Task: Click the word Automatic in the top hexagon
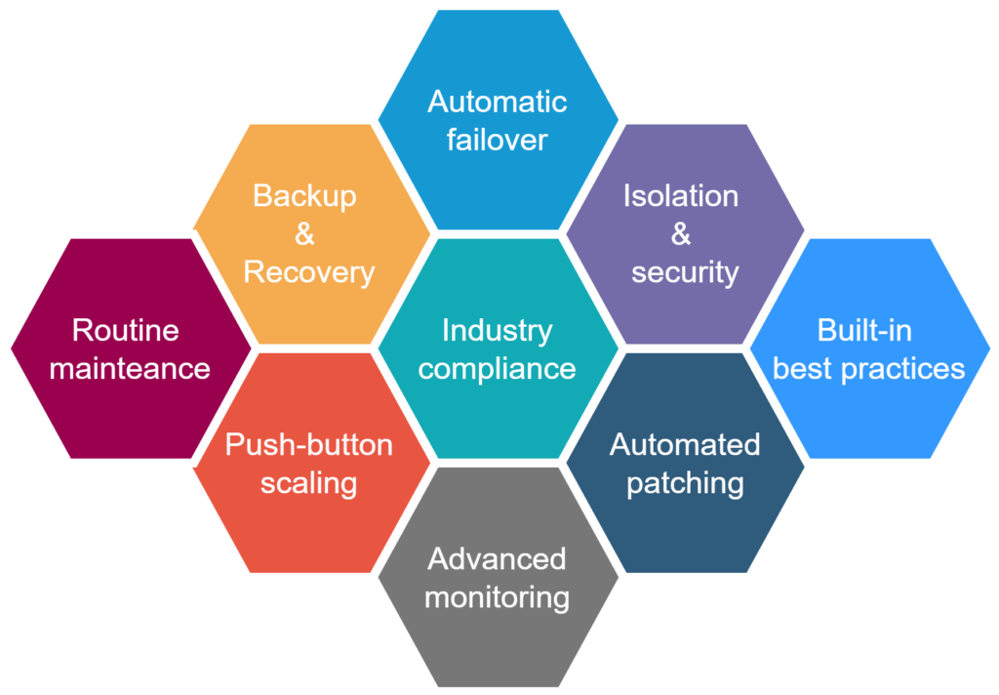pyautogui.click(x=497, y=102)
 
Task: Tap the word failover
pyautogui.click(x=497, y=139)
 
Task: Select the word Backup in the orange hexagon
pyautogui.click(x=304, y=195)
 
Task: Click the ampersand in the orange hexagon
pyautogui.click(x=305, y=234)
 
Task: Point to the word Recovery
pyautogui.click(x=308, y=272)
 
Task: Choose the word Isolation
pyautogui.click(x=681, y=195)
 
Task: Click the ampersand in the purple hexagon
pyautogui.click(x=681, y=234)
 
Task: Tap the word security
pyautogui.click(x=685, y=272)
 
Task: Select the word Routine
pyautogui.click(x=125, y=330)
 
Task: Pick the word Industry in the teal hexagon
pyautogui.click(x=497, y=330)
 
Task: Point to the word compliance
pyautogui.click(x=497, y=369)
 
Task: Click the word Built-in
pyautogui.click(x=864, y=330)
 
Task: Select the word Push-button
pyautogui.click(x=308, y=445)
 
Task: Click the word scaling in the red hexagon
pyautogui.click(x=308, y=483)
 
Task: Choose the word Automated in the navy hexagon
pyautogui.click(x=685, y=445)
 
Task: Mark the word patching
pyautogui.click(x=685, y=483)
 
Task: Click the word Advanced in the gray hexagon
pyautogui.click(x=497, y=559)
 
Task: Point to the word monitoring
pyautogui.click(x=497, y=597)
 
